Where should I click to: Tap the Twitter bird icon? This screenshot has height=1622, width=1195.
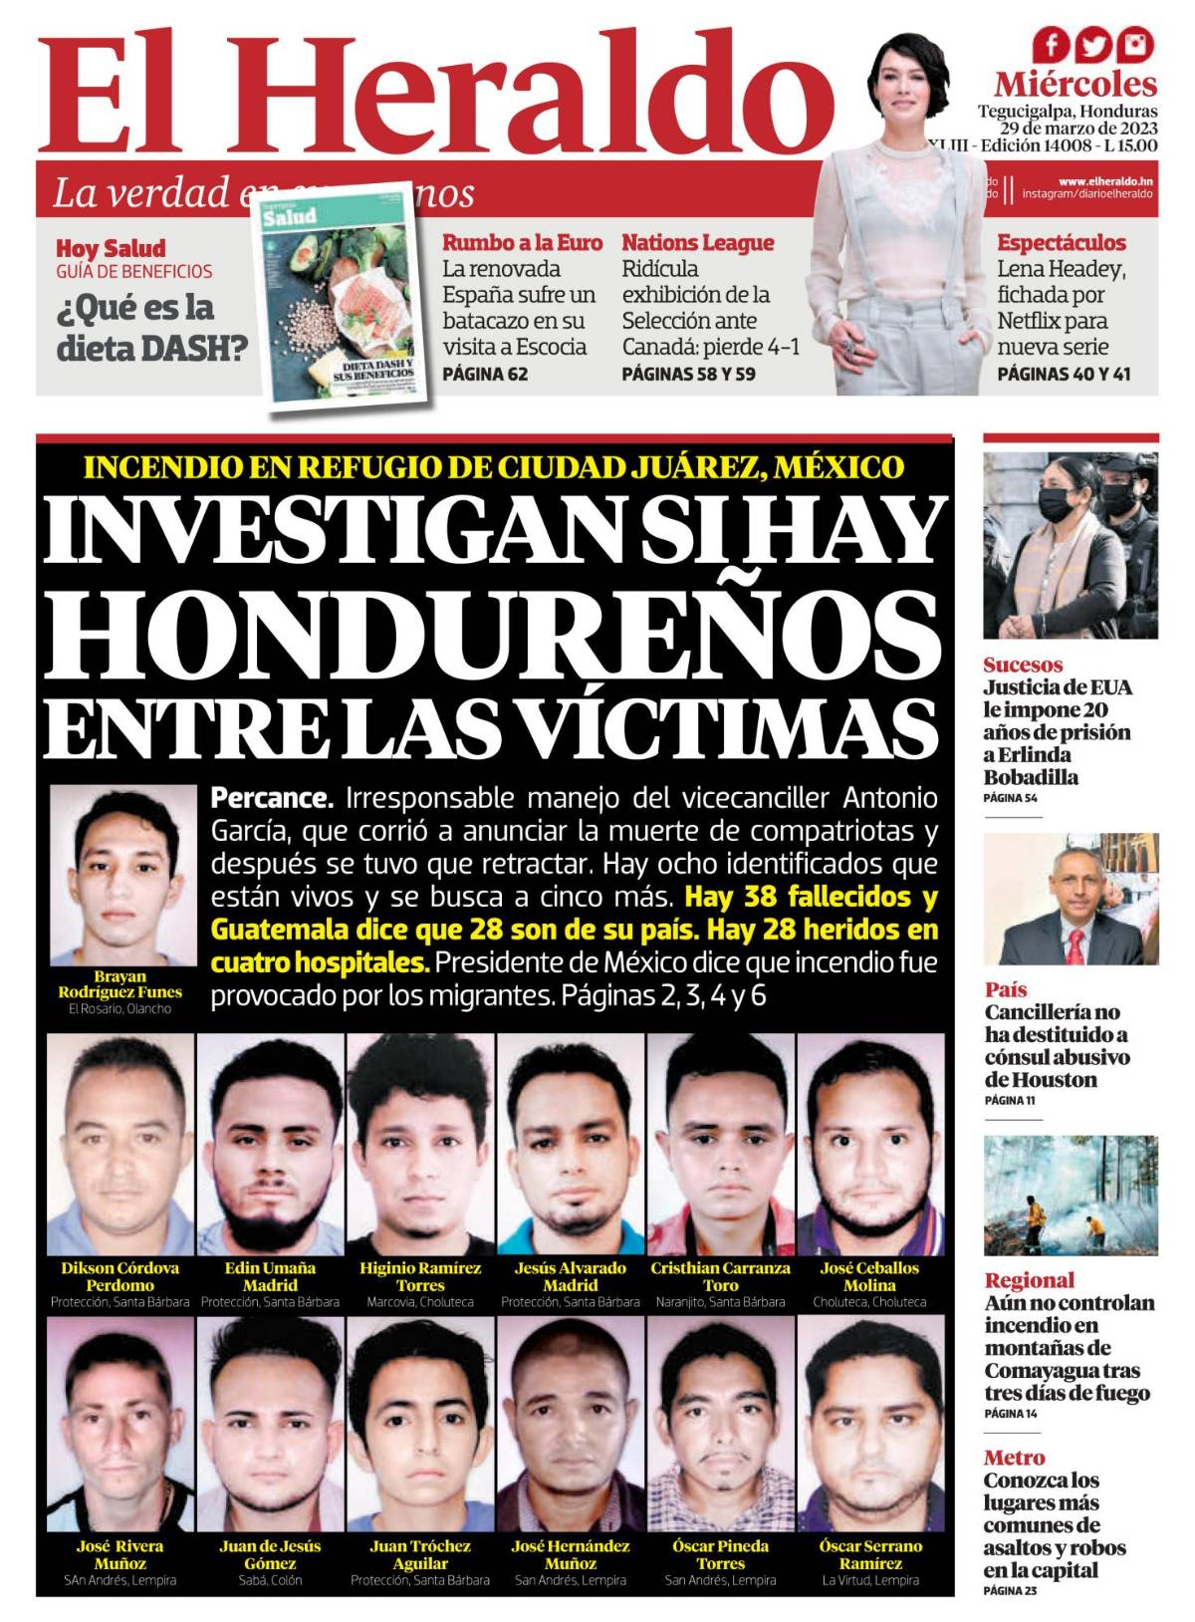[x=1093, y=44]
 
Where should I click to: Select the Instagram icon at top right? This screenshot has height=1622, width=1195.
[x=1135, y=44]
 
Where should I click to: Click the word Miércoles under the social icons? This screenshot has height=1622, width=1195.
[x=1075, y=83]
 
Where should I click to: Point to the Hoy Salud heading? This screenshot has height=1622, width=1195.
[x=111, y=248]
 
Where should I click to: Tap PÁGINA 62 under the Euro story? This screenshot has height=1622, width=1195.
[x=485, y=375]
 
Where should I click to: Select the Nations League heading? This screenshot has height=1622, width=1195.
[x=697, y=242]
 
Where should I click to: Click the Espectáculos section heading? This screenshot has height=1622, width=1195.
[x=1062, y=242]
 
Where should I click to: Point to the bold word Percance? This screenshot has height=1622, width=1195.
[x=272, y=798]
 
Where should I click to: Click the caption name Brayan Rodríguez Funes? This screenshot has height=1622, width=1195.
[x=120, y=984]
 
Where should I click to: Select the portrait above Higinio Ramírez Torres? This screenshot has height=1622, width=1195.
[x=420, y=1144]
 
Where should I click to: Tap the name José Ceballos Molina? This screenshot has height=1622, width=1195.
[x=869, y=1276]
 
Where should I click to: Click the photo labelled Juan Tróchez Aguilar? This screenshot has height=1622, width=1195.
[x=420, y=1425]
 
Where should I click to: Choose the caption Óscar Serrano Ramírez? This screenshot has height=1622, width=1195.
[x=870, y=1554]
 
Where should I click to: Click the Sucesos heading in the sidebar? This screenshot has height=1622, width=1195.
[x=1023, y=665]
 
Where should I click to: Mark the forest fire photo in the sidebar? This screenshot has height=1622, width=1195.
[x=1071, y=1195]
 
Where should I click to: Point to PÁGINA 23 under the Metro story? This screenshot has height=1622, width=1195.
[x=1010, y=1591]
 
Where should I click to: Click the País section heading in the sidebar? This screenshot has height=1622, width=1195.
[x=1006, y=989]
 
